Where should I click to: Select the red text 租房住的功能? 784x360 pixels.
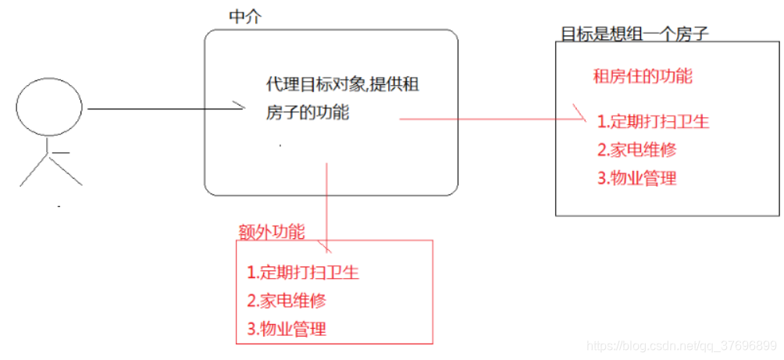pos(643,77)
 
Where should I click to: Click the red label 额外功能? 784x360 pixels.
pos(271,231)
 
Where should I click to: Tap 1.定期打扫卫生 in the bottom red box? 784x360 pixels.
pos(303,273)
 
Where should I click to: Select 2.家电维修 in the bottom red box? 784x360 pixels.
pos(287,301)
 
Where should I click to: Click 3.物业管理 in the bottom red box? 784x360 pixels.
pos(287,329)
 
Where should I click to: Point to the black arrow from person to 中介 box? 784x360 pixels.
pos(164,109)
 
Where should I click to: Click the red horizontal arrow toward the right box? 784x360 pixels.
pos(492,119)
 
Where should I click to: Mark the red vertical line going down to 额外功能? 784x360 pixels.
pos(326,203)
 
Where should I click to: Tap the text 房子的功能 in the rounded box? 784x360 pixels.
pos(308,113)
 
